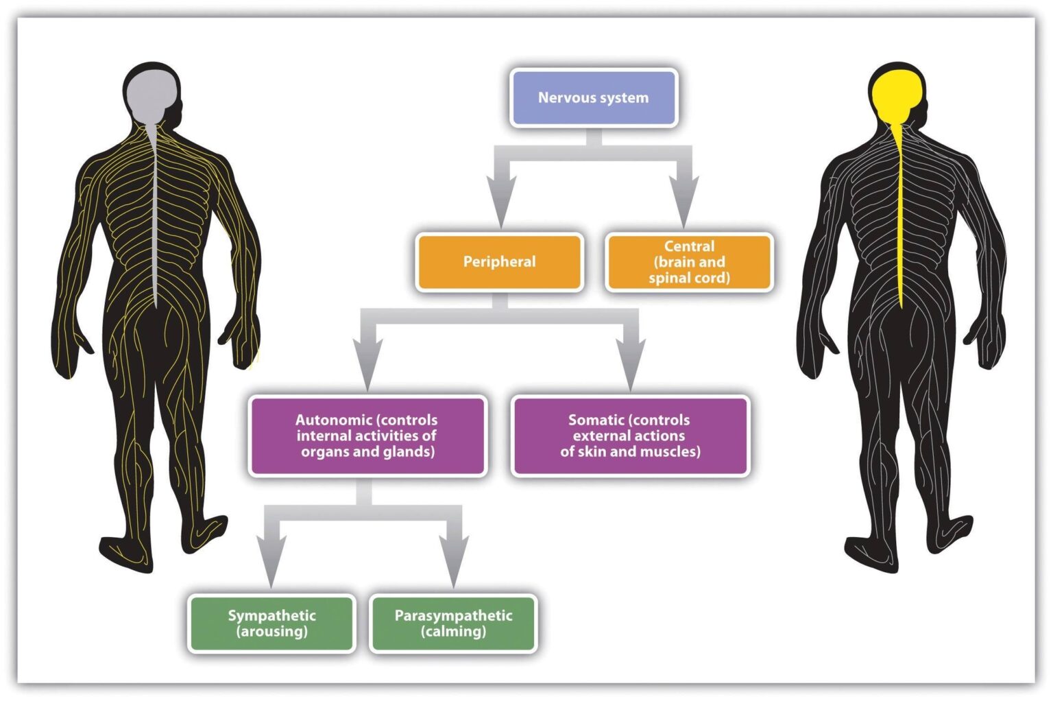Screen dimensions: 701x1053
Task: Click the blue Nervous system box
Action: click(594, 98)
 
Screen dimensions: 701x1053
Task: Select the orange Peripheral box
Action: click(500, 262)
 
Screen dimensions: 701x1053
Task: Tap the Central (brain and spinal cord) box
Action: click(689, 262)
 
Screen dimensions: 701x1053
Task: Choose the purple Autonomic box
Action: click(367, 436)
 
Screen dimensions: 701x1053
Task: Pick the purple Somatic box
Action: click(630, 436)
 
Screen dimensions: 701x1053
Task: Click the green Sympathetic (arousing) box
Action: click(271, 623)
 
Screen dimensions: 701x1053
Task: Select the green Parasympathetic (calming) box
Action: click(453, 623)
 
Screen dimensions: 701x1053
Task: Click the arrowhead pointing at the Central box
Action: click(683, 202)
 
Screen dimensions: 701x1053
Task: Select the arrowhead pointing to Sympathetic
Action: click(271, 562)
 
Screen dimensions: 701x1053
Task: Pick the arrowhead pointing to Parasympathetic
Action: click(454, 562)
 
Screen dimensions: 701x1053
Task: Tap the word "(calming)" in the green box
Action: click(453, 631)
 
